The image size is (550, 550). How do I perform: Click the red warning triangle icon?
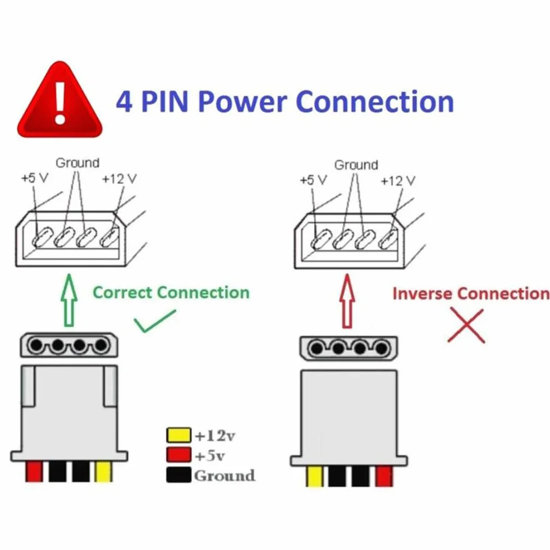coord(59,102)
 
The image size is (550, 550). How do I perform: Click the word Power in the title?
coord(242,102)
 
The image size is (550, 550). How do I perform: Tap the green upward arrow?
coord(69,300)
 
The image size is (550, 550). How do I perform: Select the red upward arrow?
coord(347,302)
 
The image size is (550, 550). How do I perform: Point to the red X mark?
coord(466,325)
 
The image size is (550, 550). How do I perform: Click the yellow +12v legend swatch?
coord(178,435)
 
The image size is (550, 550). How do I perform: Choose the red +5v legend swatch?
coord(178,455)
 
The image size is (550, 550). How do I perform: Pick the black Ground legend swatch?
coord(178,475)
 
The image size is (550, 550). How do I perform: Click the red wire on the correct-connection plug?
coord(34,471)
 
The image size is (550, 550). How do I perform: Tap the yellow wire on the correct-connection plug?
coord(103,471)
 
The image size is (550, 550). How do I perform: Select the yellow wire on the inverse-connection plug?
coord(315,476)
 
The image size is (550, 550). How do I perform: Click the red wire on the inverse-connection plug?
coord(384,476)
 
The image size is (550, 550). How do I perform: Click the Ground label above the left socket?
coord(77,163)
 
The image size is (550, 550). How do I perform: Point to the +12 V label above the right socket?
coord(398,181)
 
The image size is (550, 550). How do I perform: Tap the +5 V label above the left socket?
coord(35,178)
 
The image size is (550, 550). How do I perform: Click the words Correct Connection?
coord(171,292)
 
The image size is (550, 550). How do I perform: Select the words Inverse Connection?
coord(471,294)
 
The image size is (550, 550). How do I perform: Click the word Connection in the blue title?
coord(375,102)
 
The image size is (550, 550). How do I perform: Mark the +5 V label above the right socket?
coord(313,180)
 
